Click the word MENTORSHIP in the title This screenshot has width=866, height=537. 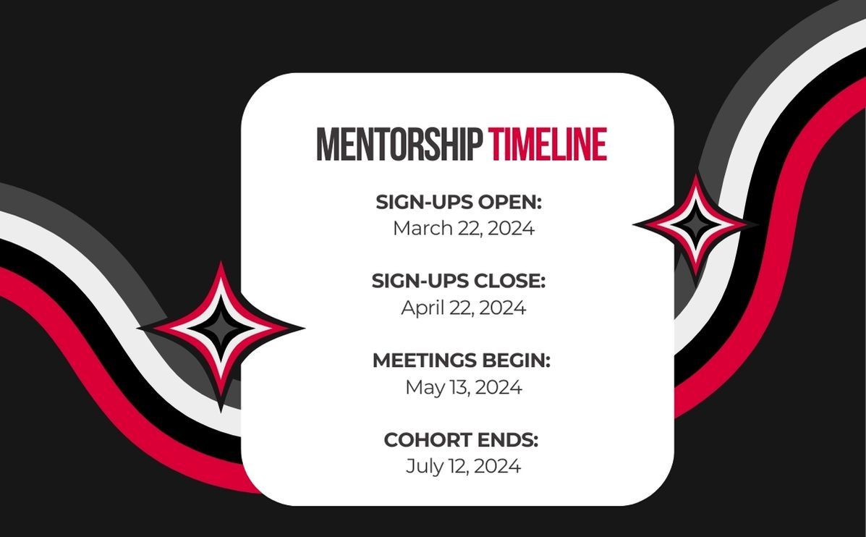[399, 144]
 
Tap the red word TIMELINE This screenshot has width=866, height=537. [548, 144]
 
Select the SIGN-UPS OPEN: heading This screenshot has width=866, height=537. [459, 202]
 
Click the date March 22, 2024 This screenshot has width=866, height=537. [463, 228]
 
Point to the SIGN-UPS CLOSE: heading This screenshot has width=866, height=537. [459, 281]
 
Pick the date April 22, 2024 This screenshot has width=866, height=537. [463, 308]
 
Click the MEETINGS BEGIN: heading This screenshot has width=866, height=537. [462, 360]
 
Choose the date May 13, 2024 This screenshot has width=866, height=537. [463, 387]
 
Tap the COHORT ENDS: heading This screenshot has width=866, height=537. [461, 440]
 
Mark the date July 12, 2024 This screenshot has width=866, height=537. [463, 466]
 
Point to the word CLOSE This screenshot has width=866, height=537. [511, 281]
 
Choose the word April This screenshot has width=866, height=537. [421, 308]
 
